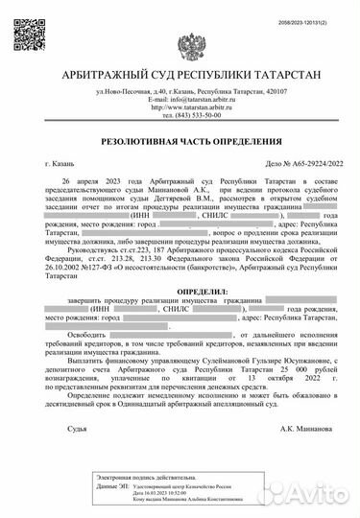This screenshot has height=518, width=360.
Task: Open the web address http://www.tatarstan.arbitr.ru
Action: point(180,107)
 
